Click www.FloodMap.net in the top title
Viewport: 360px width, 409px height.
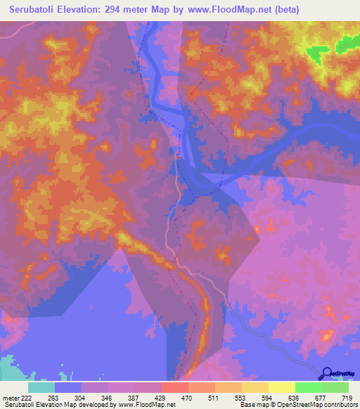pyautogui.click(x=237, y=10)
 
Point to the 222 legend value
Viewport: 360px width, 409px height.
pyautogui.click(x=22, y=398)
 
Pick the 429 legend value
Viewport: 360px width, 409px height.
pyautogui.click(x=161, y=398)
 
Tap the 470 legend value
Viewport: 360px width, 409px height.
pyautogui.click(x=188, y=398)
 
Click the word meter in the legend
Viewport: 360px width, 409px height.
pyautogui.click(x=8, y=398)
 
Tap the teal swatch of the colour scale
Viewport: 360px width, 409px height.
pyautogui.click(x=41, y=387)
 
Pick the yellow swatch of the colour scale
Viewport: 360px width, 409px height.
pyautogui.click(x=281, y=387)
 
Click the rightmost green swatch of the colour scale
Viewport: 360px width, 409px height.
pyautogui.click(x=335, y=387)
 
